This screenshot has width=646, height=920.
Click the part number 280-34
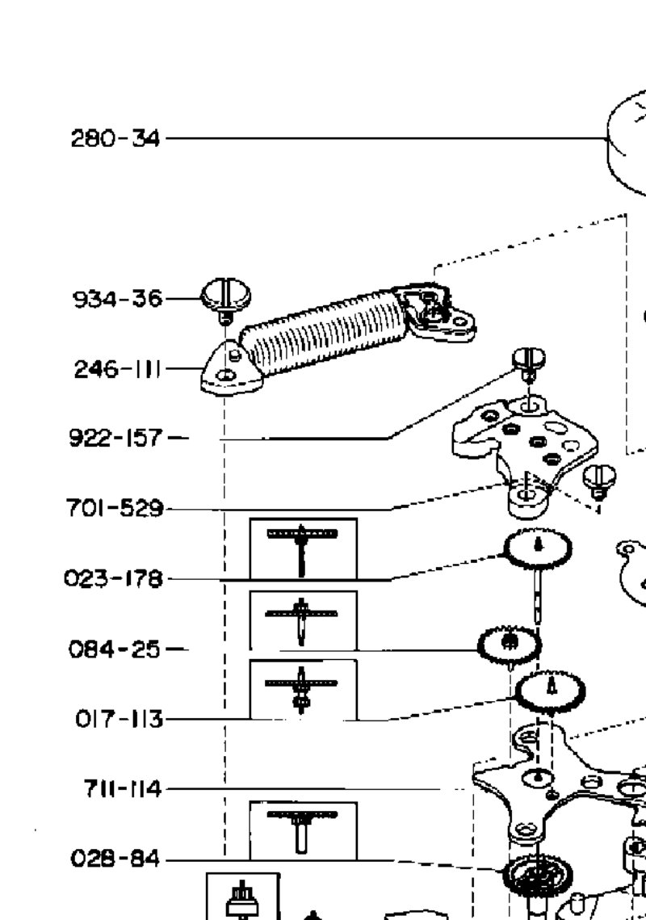[115, 139]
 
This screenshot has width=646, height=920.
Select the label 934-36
[117, 299]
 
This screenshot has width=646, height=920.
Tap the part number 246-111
[117, 369]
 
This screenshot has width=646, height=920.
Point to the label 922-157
[115, 438]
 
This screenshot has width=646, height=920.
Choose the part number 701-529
[115, 507]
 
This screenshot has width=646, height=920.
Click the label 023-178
[113, 578]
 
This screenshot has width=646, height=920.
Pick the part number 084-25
[115, 649]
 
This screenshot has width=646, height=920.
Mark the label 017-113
[120, 719]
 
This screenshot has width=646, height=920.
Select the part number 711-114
[122, 788]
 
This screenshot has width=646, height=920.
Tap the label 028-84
[115, 859]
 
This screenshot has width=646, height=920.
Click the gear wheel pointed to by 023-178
[538, 548]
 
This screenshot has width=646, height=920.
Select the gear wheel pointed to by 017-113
[551, 691]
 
